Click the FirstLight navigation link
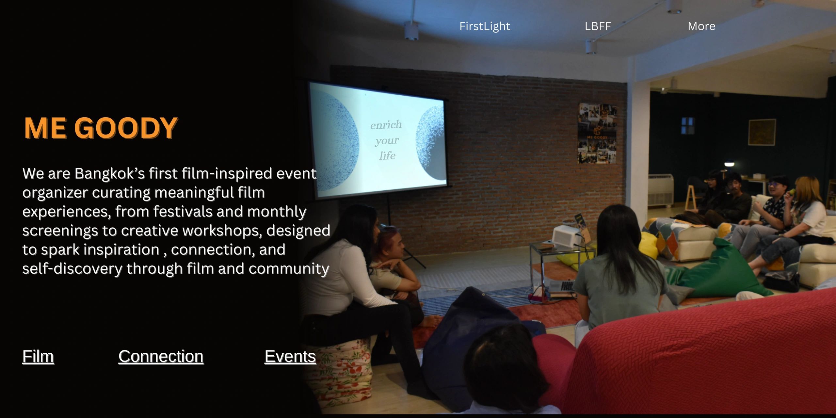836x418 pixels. tap(484, 26)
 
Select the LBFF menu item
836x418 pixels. tap(598, 26)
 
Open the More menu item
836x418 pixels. tap(701, 26)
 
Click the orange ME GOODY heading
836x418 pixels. tap(101, 128)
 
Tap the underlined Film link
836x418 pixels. tap(38, 356)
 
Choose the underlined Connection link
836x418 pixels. tap(161, 356)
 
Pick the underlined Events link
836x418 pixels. tap(290, 356)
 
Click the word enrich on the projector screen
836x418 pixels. tap(386, 125)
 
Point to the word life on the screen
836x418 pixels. tap(387, 156)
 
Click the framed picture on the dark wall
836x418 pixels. tap(762, 132)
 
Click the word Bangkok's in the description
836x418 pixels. tap(109, 173)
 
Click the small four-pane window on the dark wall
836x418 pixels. tap(687, 126)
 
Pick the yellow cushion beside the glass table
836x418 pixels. tap(648, 245)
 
